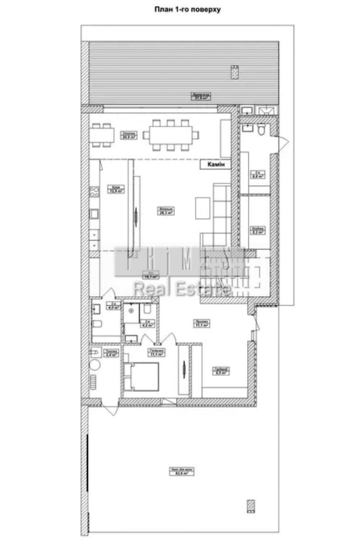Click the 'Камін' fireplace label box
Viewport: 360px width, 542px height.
[216, 165]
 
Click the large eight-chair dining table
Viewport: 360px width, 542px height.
[170, 135]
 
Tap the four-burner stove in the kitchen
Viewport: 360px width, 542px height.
[94, 193]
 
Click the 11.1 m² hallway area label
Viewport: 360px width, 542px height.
[202, 323]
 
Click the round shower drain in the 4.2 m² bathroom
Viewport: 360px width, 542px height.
[131, 311]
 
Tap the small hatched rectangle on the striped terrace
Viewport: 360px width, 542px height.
[234, 72]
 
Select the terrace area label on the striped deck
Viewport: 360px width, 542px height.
[202, 96]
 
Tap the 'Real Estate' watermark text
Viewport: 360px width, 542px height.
[181, 289]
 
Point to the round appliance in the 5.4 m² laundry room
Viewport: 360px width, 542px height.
[95, 365]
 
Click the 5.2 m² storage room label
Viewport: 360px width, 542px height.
[257, 230]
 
